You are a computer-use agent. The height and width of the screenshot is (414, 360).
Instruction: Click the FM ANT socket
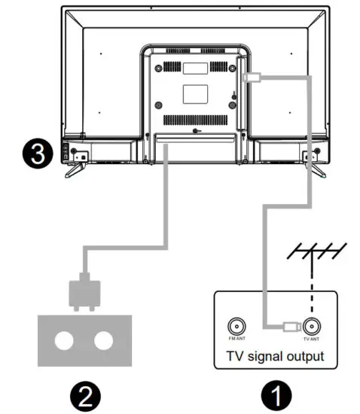click(x=234, y=326)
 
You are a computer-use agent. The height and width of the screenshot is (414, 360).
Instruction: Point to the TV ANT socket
click(x=311, y=326)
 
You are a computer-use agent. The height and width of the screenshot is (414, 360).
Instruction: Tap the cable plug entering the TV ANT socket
click(x=290, y=326)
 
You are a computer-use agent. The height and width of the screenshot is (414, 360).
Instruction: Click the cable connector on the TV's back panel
click(x=254, y=76)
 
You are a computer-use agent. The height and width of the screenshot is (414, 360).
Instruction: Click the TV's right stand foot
click(x=319, y=169)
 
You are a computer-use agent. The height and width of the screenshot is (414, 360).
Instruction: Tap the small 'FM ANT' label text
click(x=234, y=340)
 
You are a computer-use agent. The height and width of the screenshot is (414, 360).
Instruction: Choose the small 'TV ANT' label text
click(x=311, y=340)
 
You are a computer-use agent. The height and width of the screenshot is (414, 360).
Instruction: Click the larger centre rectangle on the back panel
click(x=194, y=93)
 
